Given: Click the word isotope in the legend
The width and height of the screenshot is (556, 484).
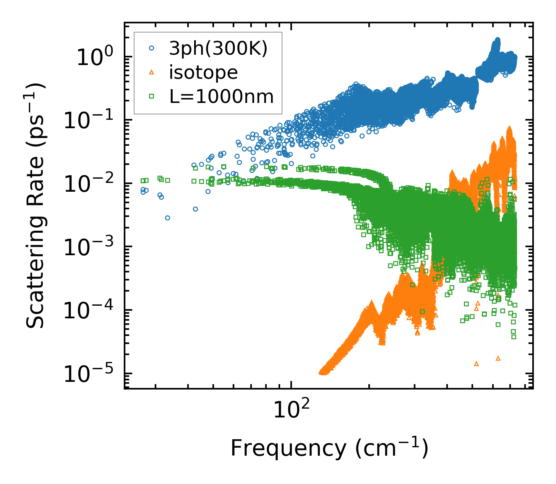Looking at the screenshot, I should pos(203,73).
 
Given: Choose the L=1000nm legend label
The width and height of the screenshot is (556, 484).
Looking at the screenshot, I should pos(222,97).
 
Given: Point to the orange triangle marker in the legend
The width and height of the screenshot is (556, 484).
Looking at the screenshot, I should pos(152,73).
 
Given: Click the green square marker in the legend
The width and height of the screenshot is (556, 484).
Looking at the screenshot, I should pos(152,97).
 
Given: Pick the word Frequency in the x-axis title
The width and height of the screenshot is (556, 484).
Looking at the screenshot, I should pos(288,448).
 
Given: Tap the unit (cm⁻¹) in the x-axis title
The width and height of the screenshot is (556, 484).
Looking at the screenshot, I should pos(392,448).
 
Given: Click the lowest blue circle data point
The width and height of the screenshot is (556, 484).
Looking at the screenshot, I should pos(167,218).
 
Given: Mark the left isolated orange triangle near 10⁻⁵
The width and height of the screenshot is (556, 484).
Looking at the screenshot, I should pos(476,363).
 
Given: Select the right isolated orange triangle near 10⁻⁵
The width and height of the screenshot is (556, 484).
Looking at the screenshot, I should pos(498,358).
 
